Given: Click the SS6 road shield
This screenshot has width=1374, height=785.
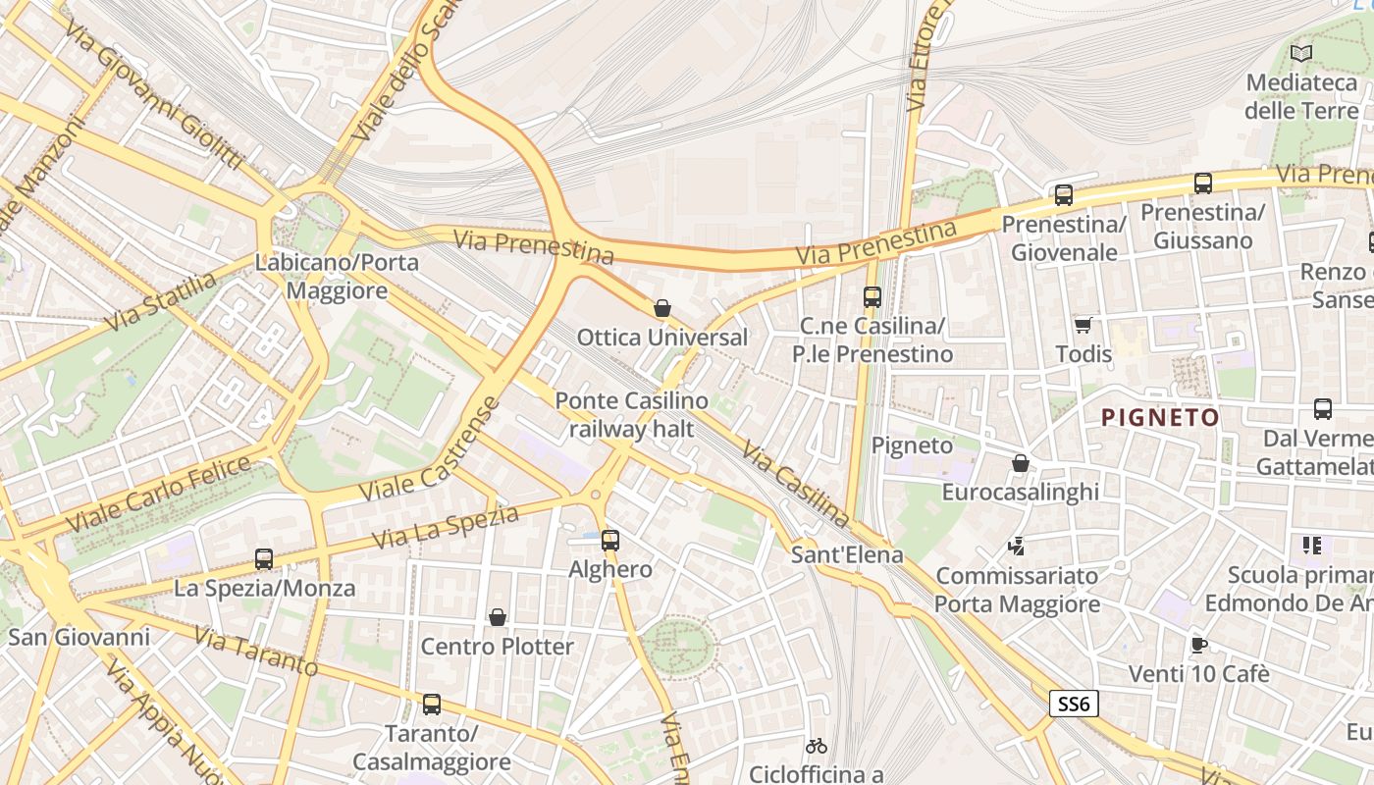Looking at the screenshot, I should pyautogui.click(x=1074, y=704).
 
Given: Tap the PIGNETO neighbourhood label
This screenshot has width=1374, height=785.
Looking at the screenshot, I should pyautogui.click(x=1160, y=418).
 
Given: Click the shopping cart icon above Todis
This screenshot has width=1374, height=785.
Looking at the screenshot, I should pyautogui.click(x=1083, y=325).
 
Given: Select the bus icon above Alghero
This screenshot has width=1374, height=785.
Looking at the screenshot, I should pyautogui.click(x=610, y=540).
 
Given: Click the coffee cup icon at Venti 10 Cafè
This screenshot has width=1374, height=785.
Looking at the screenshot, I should pyautogui.click(x=1198, y=645).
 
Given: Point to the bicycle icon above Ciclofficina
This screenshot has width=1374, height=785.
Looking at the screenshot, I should pyautogui.click(x=816, y=746).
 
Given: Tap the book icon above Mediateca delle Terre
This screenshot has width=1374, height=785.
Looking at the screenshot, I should pyautogui.click(x=1301, y=53).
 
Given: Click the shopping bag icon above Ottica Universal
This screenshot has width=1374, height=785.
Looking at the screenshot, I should pyautogui.click(x=662, y=308).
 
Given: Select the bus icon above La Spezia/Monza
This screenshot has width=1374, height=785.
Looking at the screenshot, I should pyautogui.click(x=264, y=559).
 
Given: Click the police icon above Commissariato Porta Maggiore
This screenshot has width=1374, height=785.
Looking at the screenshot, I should pyautogui.click(x=1017, y=546).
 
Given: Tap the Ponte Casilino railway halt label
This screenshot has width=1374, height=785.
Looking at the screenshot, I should pyautogui.click(x=631, y=414).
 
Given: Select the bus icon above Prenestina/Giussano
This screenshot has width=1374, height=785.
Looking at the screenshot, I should pyautogui.click(x=1203, y=183).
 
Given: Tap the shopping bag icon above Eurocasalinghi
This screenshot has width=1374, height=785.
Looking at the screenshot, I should pyautogui.click(x=1021, y=463).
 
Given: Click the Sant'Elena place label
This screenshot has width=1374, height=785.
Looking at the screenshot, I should pyautogui.click(x=847, y=554).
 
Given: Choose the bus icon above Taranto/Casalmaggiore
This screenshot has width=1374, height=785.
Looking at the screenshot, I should pyautogui.click(x=432, y=704).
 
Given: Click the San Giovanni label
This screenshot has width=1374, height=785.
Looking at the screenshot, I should pyautogui.click(x=79, y=637).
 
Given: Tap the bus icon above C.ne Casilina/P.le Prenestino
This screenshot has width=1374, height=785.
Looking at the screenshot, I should pyautogui.click(x=872, y=296).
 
